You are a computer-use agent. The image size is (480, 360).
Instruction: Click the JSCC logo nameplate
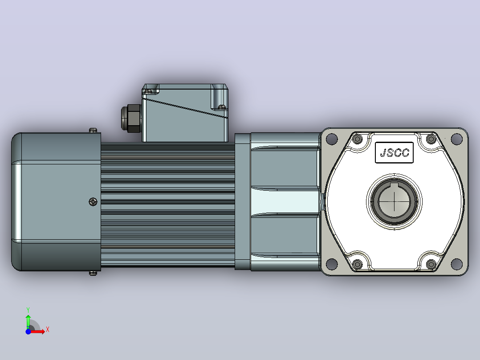click(x=395, y=152)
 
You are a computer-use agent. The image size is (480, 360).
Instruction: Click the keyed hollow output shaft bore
click(x=395, y=201)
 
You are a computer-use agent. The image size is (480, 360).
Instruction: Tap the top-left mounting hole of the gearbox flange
click(x=332, y=139)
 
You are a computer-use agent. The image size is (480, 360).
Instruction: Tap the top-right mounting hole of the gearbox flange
click(x=457, y=139)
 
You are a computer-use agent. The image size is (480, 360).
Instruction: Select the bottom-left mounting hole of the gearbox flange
click(x=332, y=263)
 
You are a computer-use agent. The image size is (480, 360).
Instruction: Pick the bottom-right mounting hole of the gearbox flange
click(x=457, y=263)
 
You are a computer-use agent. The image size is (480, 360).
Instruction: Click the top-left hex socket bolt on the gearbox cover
click(x=358, y=139)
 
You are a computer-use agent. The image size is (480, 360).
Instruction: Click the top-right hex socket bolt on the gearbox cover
click(x=431, y=139)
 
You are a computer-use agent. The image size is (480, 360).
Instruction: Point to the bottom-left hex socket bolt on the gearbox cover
click(x=358, y=264)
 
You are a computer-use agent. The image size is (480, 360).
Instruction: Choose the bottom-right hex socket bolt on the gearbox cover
click(x=431, y=264)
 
